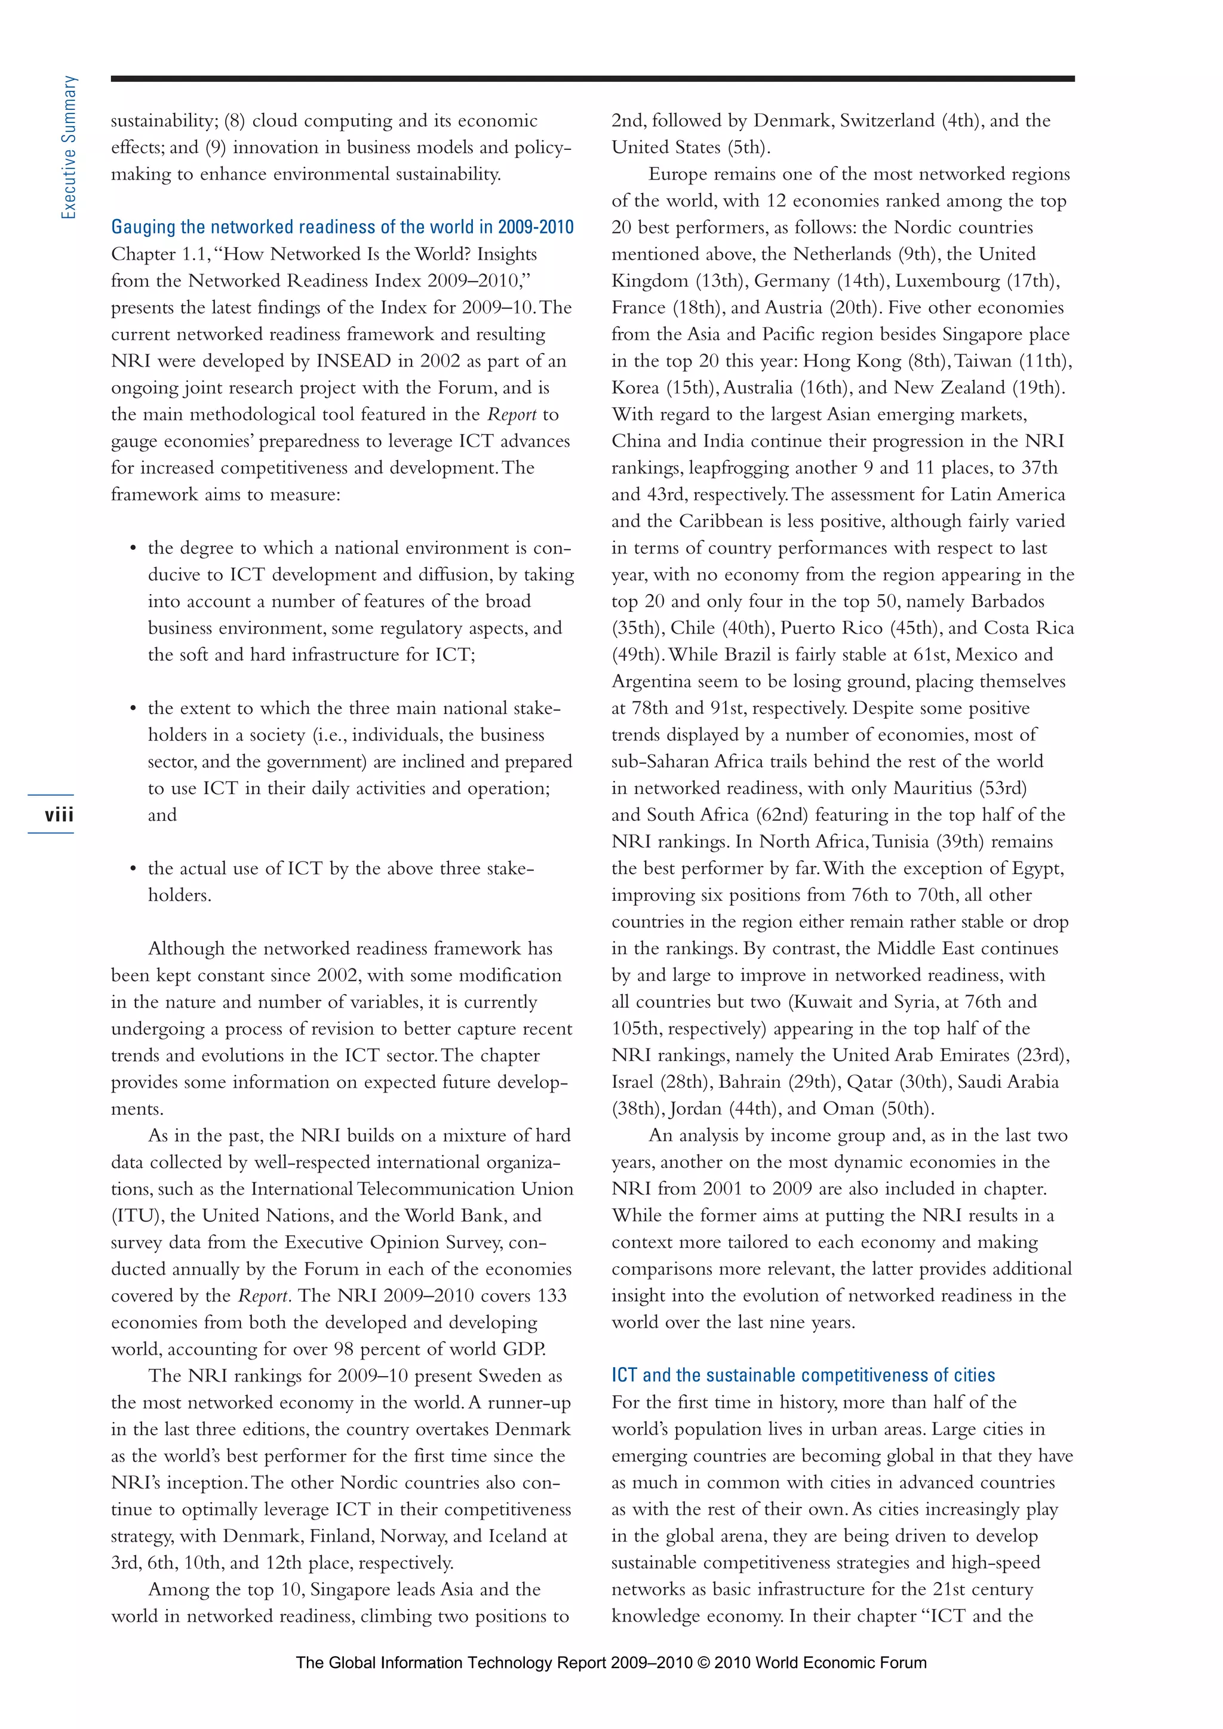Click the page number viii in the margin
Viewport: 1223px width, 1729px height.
coord(59,816)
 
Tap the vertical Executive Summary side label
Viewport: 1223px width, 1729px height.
coord(69,147)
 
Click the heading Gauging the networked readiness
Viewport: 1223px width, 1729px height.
coord(342,227)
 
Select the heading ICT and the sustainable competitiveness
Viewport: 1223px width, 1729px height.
coord(803,1375)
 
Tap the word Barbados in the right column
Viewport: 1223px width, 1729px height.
coord(1007,602)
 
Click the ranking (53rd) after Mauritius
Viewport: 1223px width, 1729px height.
coord(1003,789)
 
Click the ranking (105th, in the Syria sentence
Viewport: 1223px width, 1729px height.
coord(637,1029)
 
